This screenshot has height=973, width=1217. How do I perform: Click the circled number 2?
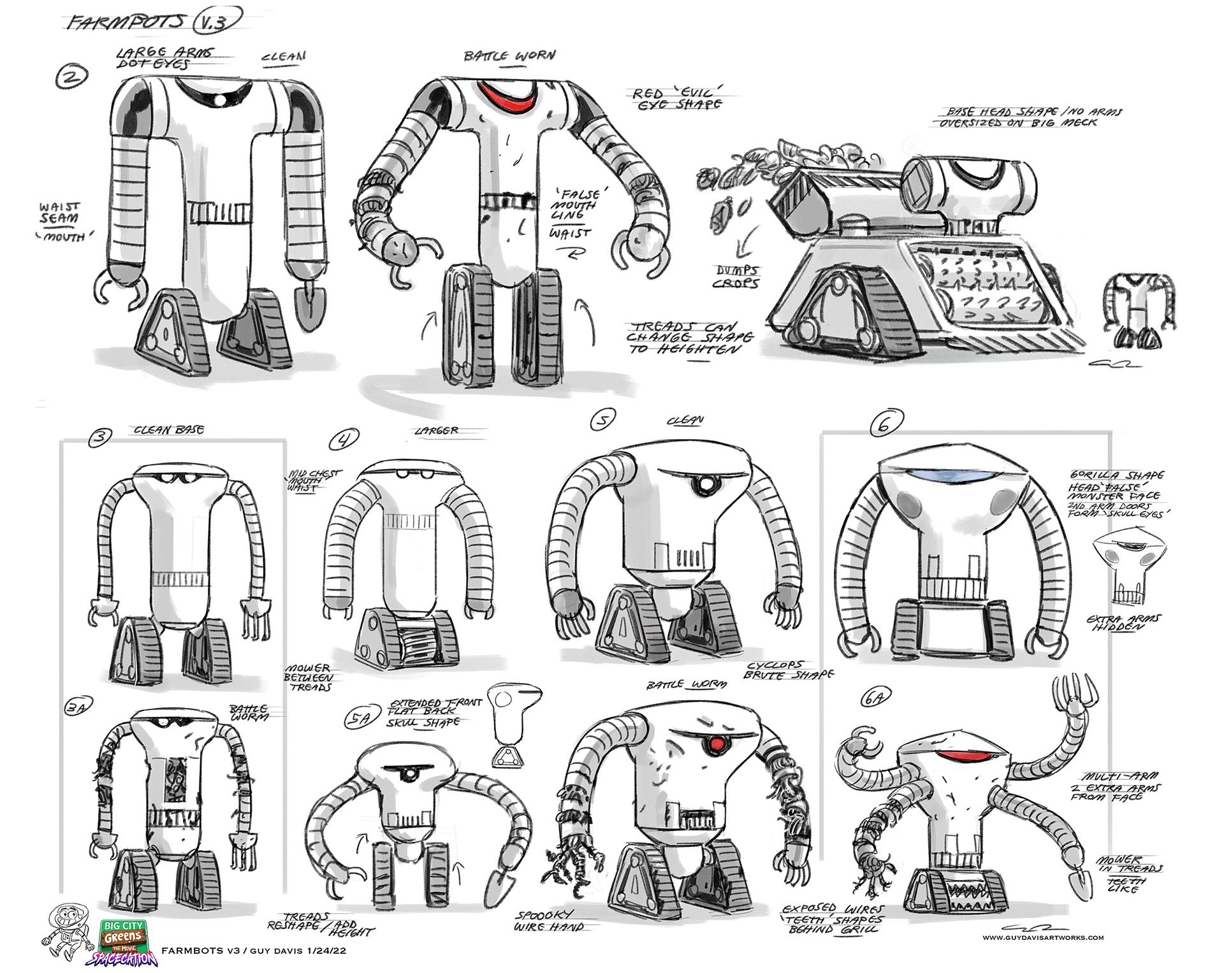coord(71,77)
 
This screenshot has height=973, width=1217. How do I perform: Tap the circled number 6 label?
coord(883,424)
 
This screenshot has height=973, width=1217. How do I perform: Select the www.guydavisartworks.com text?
coord(1042,937)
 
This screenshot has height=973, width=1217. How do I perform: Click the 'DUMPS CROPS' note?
coord(737,277)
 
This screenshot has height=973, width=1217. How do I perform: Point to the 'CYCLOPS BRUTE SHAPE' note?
coord(789,669)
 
